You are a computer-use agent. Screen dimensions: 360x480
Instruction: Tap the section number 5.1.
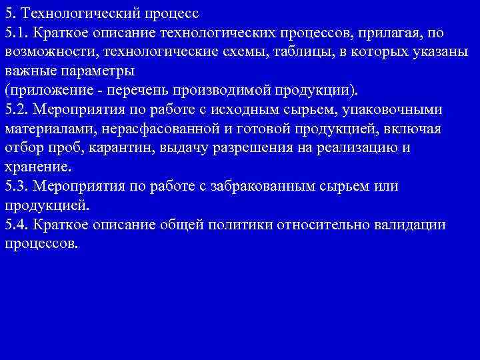click(15, 33)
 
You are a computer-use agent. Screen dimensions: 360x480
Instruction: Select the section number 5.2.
click(15, 109)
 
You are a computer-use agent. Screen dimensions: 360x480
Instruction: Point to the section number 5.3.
click(15, 186)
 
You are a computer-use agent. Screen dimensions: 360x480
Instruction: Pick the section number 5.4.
click(15, 225)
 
